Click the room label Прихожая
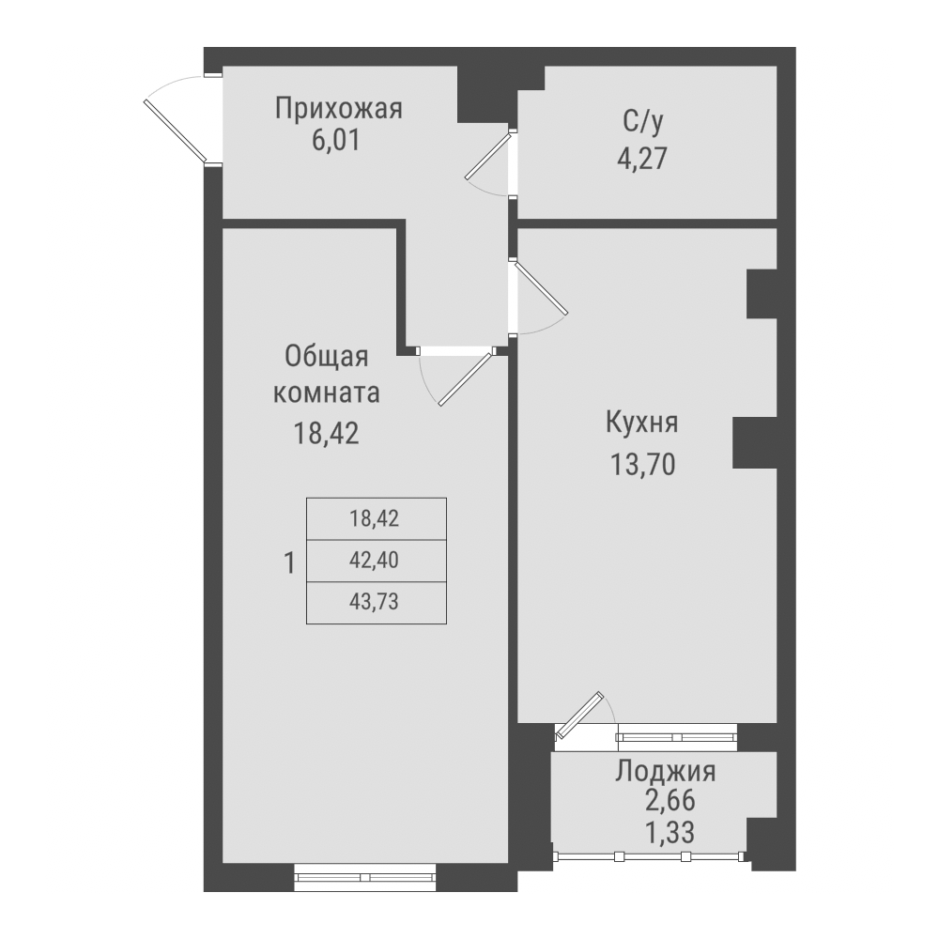coord(338,109)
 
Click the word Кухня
coord(641,423)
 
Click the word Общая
coord(326,358)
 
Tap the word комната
coord(326,393)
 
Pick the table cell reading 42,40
coord(376,562)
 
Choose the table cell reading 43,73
coord(376,604)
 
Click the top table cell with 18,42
coord(376,518)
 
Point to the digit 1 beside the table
coord(289,563)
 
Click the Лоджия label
coord(666,773)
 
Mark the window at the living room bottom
coord(366,877)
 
